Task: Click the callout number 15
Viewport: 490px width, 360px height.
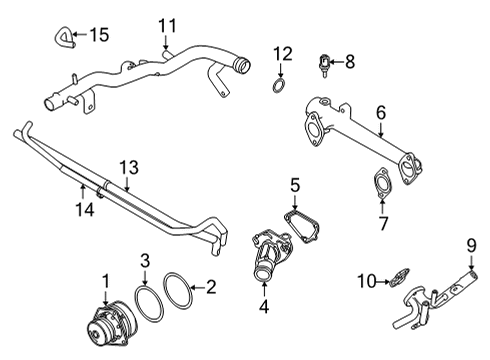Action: [x=98, y=35]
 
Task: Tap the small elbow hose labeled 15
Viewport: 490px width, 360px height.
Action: [x=61, y=38]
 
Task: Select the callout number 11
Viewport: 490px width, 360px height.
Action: [x=167, y=25]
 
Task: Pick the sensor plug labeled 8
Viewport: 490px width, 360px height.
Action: [x=324, y=62]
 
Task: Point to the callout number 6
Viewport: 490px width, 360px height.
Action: [x=380, y=114]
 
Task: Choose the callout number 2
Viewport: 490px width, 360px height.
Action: [x=210, y=288]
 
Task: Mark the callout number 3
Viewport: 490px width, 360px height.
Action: [x=144, y=262]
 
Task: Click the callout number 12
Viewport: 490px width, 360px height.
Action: [x=283, y=52]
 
